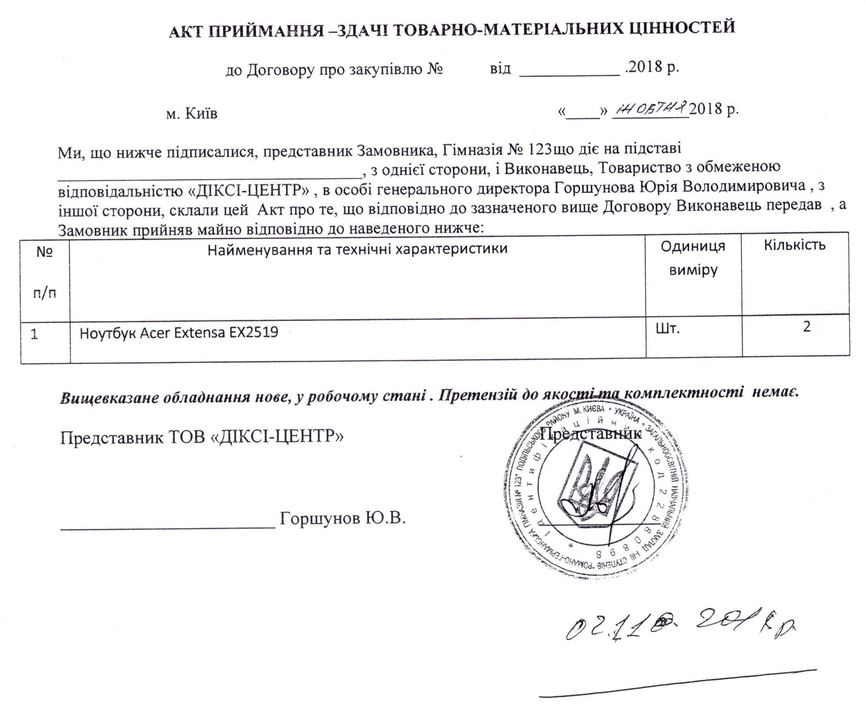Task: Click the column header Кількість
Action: pyautogui.click(x=795, y=245)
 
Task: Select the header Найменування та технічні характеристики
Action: pyautogui.click(x=357, y=249)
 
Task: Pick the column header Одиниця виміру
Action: pyautogui.click(x=693, y=258)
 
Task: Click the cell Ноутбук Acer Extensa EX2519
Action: pyautogui.click(x=179, y=333)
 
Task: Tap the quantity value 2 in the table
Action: pyautogui.click(x=806, y=327)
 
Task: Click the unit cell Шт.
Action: pyautogui.click(x=667, y=329)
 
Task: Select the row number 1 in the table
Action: pyautogui.click(x=35, y=334)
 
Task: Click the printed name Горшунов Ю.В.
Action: pyautogui.click(x=343, y=518)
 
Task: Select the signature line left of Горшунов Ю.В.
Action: pyautogui.click(x=168, y=528)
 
